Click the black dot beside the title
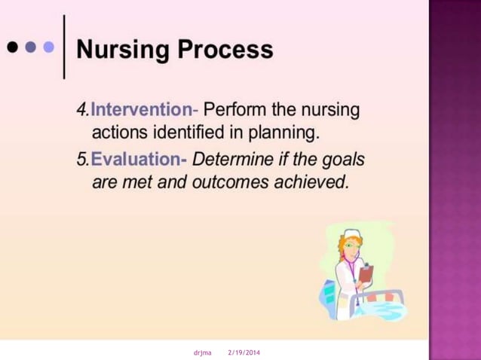click(x=13, y=47)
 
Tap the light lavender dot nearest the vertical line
click(x=48, y=47)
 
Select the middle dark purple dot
click(x=30, y=47)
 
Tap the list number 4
click(x=81, y=110)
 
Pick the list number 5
click(x=81, y=160)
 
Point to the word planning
click(x=283, y=134)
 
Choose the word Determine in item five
click(x=227, y=160)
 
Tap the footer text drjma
click(x=203, y=352)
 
